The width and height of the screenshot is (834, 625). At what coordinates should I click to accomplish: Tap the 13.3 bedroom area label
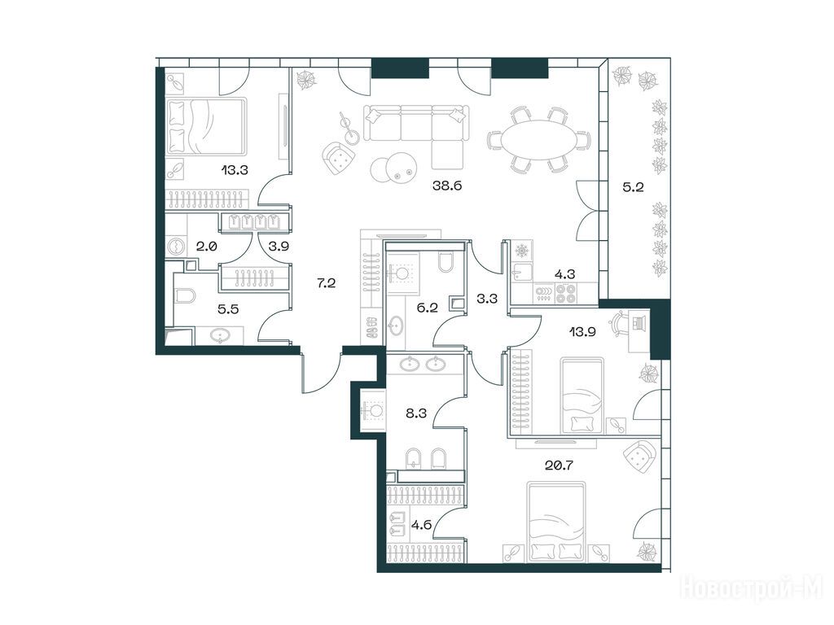(x=235, y=170)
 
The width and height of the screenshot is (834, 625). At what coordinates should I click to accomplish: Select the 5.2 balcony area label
(x=634, y=186)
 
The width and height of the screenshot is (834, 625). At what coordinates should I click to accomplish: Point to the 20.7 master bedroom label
(x=559, y=465)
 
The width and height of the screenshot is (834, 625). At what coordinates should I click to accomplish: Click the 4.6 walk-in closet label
(x=421, y=526)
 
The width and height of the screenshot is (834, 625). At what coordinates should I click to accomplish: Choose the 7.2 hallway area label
(x=326, y=282)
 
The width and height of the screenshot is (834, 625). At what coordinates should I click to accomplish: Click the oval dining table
(x=539, y=140)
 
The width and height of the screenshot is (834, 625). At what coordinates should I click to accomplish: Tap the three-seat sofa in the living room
(x=416, y=123)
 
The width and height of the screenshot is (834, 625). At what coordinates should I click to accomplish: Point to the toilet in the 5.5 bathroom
(x=185, y=295)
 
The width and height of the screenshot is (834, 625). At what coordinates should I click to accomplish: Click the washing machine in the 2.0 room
(x=176, y=247)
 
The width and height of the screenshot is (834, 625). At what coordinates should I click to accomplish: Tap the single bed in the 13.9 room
(x=582, y=396)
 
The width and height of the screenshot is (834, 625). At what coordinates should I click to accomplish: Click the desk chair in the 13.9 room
(x=621, y=323)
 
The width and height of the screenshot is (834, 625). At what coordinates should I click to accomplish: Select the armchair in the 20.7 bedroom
(x=640, y=456)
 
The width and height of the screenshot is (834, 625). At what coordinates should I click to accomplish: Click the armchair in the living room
(x=338, y=158)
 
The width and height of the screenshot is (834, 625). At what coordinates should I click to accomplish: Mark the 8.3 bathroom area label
(x=416, y=413)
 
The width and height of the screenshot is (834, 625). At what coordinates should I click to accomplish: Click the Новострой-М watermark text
(x=752, y=589)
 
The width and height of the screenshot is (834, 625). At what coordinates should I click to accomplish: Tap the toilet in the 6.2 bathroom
(x=446, y=262)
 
